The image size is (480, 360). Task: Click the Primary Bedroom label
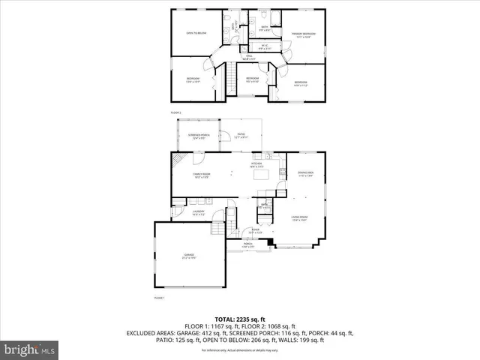(x=303, y=34)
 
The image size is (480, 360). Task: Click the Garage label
(x=189, y=256)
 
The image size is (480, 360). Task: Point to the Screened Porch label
(x=198, y=136)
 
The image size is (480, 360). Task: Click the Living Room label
(x=301, y=219)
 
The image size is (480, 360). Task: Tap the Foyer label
(x=256, y=231)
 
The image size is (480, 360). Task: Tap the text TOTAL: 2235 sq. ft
(x=240, y=319)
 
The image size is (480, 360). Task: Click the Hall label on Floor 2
(x=247, y=57)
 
